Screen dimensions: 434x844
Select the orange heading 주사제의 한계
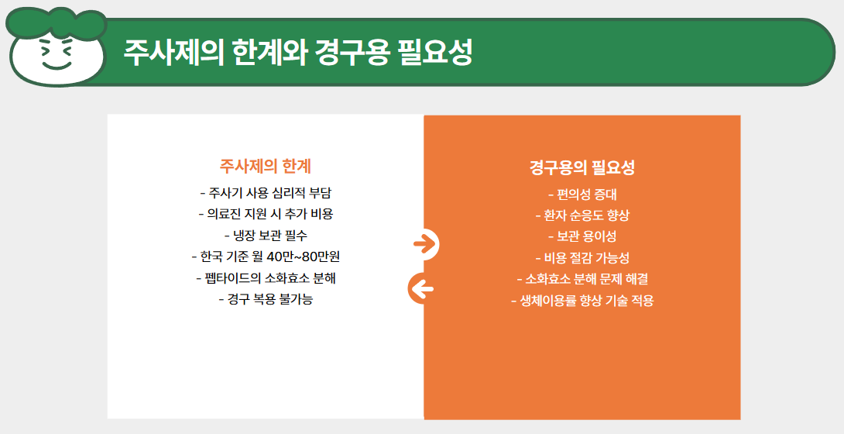[x=266, y=167]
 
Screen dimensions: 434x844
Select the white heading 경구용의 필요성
[x=582, y=167]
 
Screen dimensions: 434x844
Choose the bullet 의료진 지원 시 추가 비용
[x=266, y=214]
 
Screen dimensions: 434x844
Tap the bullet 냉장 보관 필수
[x=266, y=236]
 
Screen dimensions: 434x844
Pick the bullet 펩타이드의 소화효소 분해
[x=266, y=278]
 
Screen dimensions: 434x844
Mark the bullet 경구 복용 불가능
[x=266, y=299]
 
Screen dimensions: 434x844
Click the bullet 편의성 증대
[x=582, y=195]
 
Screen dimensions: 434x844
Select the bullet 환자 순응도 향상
[x=582, y=215]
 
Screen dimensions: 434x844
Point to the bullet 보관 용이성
[x=582, y=236]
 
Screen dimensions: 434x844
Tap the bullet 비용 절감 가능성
[x=582, y=258]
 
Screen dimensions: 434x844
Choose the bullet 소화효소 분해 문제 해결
[x=582, y=279]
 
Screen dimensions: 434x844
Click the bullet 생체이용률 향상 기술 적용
[x=582, y=301]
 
